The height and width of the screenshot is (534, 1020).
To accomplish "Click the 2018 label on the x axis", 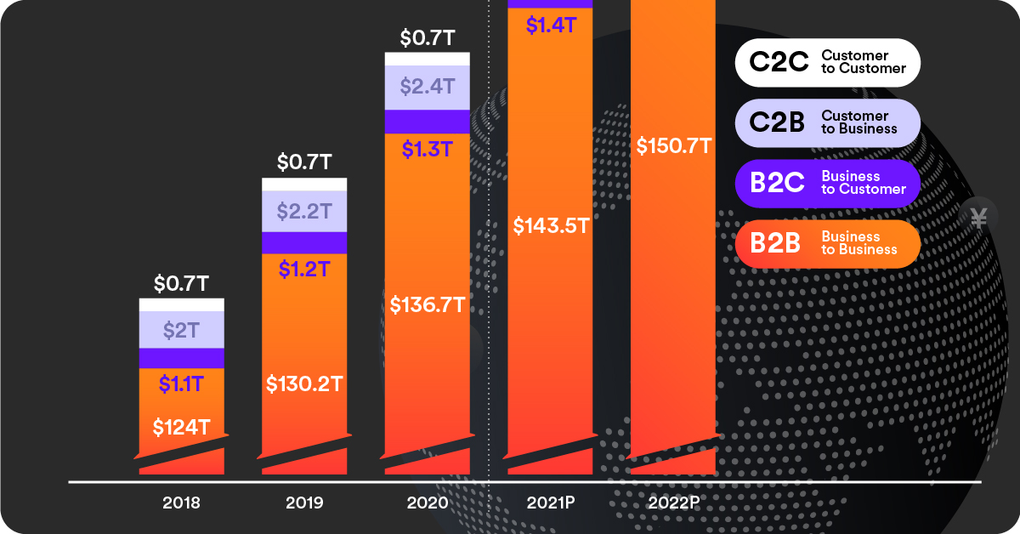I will click(181, 503).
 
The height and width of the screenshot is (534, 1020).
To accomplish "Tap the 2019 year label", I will click(304, 503).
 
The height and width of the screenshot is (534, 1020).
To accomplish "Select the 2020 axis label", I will click(428, 503).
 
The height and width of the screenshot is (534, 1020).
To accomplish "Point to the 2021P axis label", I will click(551, 503).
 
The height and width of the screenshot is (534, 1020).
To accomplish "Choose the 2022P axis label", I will click(673, 503).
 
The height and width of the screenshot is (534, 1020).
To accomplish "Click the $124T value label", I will click(181, 427).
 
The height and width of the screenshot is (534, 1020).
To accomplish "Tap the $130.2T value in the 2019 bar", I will click(304, 383).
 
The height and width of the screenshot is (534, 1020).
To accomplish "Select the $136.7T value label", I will click(428, 304).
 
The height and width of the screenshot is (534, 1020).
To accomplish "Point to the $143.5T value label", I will click(551, 225).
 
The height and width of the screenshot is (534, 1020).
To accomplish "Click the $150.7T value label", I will click(673, 145).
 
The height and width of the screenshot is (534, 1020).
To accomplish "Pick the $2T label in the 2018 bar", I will click(181, 331).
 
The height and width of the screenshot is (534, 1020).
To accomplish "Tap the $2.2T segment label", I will click(304, 211).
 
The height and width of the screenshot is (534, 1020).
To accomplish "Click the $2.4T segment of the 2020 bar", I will click(428, 87).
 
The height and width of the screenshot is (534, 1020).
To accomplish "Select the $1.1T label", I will click(181, 383).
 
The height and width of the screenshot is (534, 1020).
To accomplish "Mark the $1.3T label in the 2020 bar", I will click(428, 149).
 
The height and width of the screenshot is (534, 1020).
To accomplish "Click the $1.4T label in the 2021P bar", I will click(551, 26).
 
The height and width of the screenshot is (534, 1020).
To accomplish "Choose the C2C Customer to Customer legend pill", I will click(827, 62).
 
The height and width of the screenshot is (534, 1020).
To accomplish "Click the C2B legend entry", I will click(827, 122).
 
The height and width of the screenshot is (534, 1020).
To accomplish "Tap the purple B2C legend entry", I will click(827, 183).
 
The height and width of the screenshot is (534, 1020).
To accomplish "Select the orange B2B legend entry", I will click(827, 243).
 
